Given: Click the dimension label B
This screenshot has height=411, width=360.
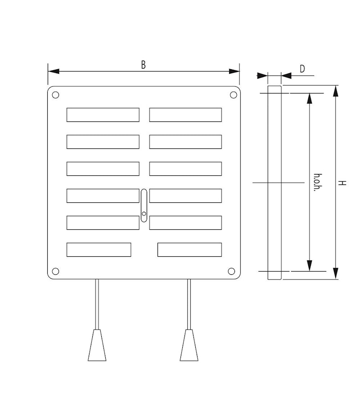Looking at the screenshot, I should [143, 65].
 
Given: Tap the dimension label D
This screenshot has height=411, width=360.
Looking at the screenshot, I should [302, 69].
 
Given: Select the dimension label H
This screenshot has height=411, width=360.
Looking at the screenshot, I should [343, 183].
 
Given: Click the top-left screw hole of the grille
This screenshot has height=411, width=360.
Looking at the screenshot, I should [55, 95].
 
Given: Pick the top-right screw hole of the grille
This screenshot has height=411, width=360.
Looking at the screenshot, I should [233, 95].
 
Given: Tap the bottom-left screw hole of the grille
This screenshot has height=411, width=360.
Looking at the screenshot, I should [55, 271].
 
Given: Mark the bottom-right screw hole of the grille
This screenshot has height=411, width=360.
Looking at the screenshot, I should [231, 271].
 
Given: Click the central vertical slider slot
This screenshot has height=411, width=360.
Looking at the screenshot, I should [144, 205].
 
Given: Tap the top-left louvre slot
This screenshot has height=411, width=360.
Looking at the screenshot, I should [103, 115].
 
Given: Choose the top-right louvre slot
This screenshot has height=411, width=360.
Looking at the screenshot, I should [185, 115].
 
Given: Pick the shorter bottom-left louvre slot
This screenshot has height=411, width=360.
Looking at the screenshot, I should [99, 250].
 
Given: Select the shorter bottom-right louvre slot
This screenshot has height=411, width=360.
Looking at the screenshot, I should [189, 250].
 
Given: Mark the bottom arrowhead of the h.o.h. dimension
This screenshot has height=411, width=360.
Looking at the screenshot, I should [310, 266].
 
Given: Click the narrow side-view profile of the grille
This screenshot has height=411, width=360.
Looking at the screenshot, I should [274, 183].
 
